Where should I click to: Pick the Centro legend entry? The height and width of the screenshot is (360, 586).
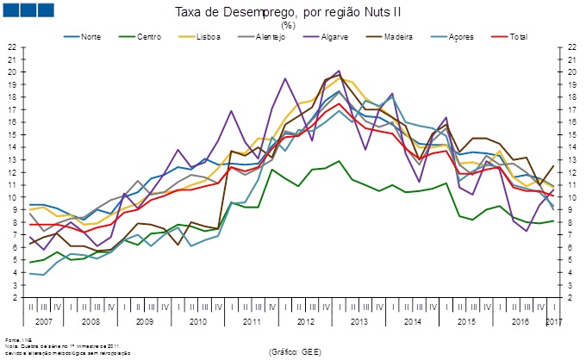click(147, 38)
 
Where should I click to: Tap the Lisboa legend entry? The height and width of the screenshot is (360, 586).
click(204, 38)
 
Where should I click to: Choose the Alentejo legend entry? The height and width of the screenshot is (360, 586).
click(265, 38)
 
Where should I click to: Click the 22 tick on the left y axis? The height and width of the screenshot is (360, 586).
click(12, 47)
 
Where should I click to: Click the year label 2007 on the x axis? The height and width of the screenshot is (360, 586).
click(46, 320)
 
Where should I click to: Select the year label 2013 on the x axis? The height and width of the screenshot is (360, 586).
click(359, 320)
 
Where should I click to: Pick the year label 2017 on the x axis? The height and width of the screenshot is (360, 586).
click(555, 320)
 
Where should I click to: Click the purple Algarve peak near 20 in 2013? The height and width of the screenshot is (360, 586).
click(339, 71)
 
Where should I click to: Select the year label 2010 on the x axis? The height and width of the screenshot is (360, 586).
click(198, 320)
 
